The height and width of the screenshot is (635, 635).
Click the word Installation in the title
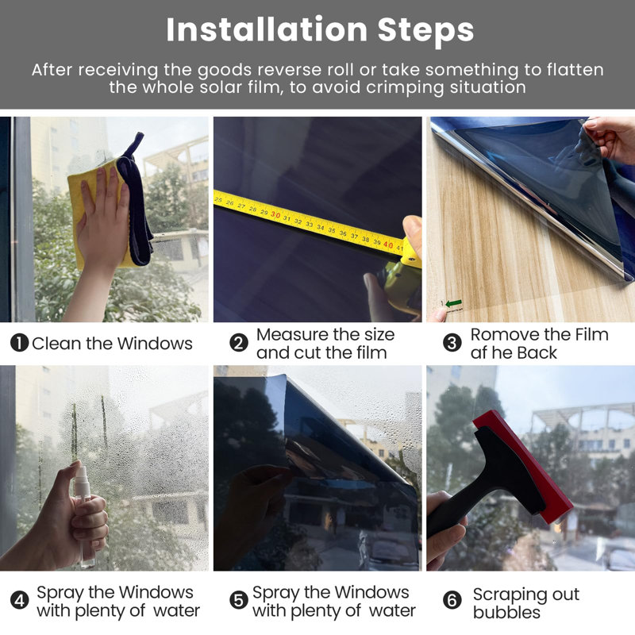point(267,29)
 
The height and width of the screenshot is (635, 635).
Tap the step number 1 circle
point(19,343)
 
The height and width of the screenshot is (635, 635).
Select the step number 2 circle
point(239,344)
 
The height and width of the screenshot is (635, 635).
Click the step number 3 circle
point(452,344)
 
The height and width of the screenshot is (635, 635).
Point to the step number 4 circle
point(19,600)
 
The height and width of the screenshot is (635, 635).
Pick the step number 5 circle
point(239,600)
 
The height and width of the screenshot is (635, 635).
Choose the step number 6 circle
point(452,600)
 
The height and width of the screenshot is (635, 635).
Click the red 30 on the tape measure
point(275,214)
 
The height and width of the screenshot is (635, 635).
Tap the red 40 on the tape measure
point(388,244)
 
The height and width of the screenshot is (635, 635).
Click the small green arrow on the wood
point(453,303)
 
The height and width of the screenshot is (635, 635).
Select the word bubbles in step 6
point(506,612)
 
